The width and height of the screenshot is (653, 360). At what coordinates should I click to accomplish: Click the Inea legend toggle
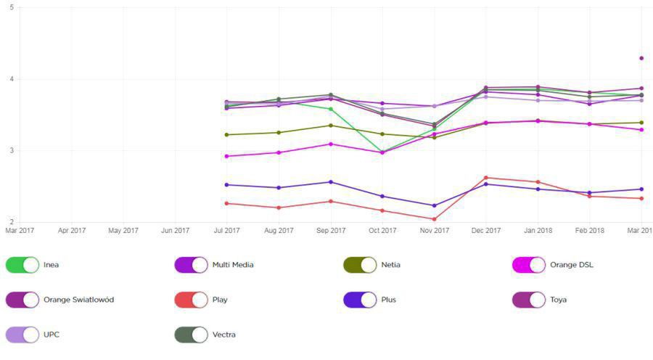(22, 265)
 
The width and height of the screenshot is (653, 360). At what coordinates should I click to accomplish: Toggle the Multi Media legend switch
(191, 265)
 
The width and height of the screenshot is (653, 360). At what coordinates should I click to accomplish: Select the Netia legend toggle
(360, 265)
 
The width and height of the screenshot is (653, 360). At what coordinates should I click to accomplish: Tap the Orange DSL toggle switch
(529, 265)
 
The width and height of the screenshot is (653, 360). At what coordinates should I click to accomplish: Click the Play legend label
(221, 300)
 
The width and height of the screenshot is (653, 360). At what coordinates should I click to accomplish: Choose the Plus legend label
(390, 300)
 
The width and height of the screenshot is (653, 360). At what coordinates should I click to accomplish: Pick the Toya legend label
(558, 300)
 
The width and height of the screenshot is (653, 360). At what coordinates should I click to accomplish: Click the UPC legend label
(52, 335)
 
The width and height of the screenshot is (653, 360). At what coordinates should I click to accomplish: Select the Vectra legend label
(224, 335)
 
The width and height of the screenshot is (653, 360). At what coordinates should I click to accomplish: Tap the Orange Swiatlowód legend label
(78, 300)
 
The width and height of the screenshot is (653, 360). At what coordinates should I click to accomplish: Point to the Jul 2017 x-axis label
(227, 231)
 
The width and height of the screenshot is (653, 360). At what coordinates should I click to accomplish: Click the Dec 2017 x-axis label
(486, 231)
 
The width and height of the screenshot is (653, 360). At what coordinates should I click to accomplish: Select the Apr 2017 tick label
(72, 231)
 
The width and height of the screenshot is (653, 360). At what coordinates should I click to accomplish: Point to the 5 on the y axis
(11, 8)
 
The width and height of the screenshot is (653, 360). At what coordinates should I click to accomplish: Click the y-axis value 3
(11, 151)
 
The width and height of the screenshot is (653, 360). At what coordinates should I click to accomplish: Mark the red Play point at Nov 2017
(434, 219)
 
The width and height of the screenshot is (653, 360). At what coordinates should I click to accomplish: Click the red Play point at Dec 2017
(486, 177)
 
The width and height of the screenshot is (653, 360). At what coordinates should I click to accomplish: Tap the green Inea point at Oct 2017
(382, 152)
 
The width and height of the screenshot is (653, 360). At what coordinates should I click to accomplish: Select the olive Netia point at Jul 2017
(227, 134)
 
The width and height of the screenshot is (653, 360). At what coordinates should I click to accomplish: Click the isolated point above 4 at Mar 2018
(641, 58)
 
